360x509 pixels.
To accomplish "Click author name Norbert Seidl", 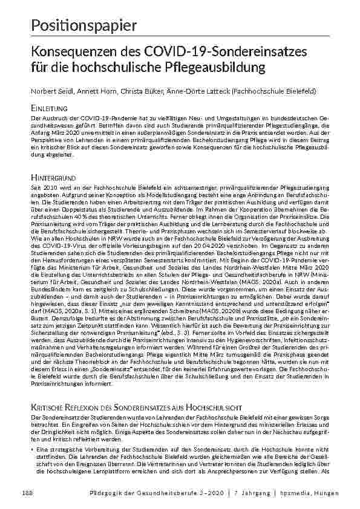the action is [45, 90].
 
